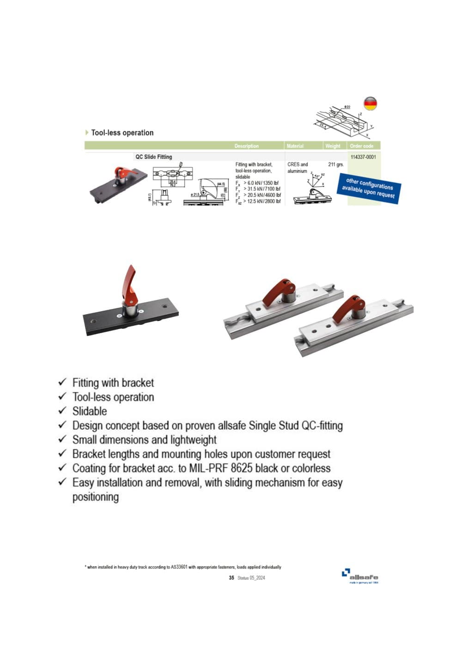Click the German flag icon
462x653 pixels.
point(370,104)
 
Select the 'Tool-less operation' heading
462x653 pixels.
point(122,133)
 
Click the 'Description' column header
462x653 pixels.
point(246,146)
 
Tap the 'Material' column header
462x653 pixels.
point(295,146)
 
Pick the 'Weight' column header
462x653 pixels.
point(333,146)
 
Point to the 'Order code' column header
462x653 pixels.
point(362,146)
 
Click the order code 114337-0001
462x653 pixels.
point(363,157)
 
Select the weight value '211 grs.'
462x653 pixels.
point(336,165)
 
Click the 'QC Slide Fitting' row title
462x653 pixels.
point(153,157)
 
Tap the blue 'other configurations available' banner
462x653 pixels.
point(368,188)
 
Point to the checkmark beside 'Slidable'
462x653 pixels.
point(63,411)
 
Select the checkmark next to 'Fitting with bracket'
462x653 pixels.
point(63,382)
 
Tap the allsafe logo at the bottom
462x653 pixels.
point(360,576)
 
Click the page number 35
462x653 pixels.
point(231,578)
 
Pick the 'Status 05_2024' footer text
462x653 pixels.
point(251,578)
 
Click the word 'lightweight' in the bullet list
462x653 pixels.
point(193,439)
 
